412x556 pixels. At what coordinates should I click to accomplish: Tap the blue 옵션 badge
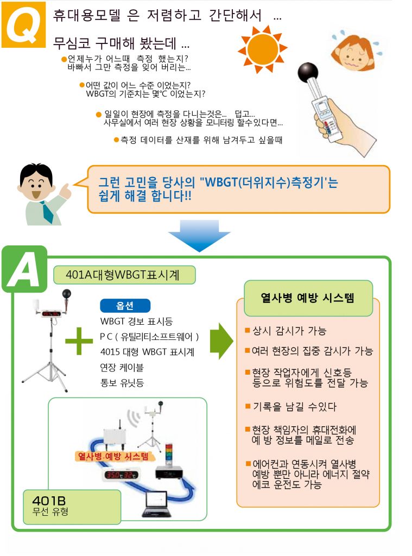click(x=125, y=305)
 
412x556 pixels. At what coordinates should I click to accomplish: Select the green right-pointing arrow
click(x=221, y=341)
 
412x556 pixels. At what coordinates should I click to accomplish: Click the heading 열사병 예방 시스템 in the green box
click(x=308, y=298)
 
